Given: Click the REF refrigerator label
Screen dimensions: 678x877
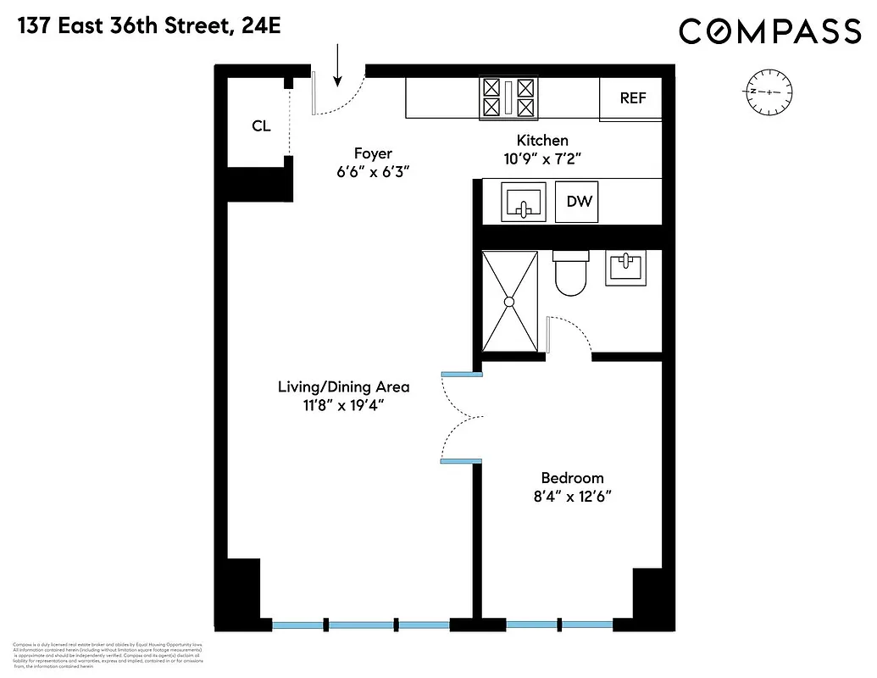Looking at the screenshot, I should point(633,98).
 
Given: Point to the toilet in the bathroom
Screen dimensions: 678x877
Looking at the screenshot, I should point(570,273).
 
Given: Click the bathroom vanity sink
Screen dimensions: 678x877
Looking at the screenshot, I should point(627,268).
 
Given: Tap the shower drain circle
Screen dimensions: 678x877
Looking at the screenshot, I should point(510,301).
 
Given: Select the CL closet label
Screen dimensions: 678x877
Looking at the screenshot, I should point(261,126).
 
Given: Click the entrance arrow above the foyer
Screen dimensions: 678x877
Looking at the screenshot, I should point(338,66).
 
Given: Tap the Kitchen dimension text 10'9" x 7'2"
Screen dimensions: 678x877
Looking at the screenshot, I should point(542,158).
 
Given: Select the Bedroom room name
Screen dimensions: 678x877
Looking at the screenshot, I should point(572,478).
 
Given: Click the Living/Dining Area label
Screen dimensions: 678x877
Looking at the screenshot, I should point(343,386).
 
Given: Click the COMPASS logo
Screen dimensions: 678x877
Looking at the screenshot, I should point(769,32).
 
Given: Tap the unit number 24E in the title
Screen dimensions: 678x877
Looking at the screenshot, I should point(258,26).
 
